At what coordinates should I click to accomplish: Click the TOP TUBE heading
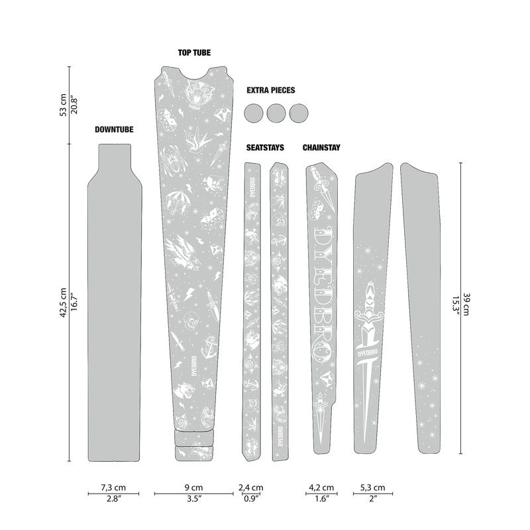pyautogui.click(x=194, y=52)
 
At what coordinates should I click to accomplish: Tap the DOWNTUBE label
pyautogui.click(x=113, y=131)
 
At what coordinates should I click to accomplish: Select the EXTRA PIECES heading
pyautogui.click(x=270, y=89)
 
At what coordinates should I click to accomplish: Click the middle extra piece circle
pyautogui.click(x=277, y=113)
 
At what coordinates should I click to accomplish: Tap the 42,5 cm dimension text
pyautogui.click(x=64, y=304)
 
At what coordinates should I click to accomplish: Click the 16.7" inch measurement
pyautogui.click(x=76, y=304)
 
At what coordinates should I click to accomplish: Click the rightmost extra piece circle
pyautogui.click(x=299, y=113)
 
